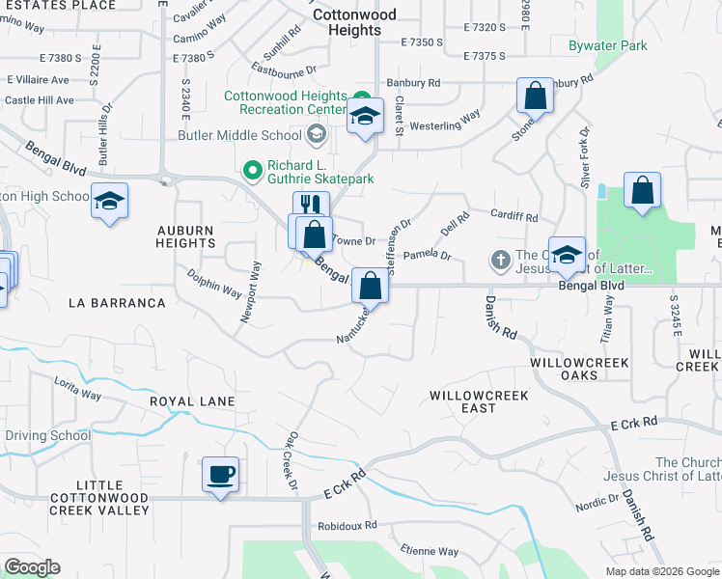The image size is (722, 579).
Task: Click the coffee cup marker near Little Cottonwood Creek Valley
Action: [220, 475]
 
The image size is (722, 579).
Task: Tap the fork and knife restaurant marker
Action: [311, 206]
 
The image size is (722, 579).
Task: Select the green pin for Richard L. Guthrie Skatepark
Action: [253, 171]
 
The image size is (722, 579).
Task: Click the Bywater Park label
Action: [607, 45]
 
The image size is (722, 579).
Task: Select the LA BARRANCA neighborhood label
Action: [117, 303]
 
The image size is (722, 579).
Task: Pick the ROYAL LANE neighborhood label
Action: [192, 400]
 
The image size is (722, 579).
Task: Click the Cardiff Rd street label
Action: [514, 218]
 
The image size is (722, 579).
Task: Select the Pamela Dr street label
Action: [428, 256]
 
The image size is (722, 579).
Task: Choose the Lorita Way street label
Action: [78, 388]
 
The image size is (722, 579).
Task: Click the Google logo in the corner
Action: [32, 567]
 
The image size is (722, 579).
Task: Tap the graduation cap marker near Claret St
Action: [365, 116]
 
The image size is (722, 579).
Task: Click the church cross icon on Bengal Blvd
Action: [500, 259]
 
